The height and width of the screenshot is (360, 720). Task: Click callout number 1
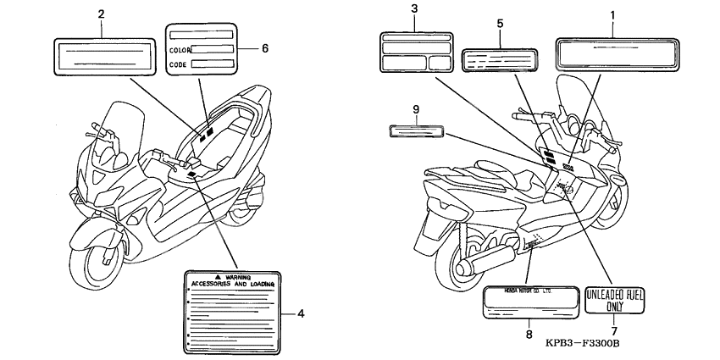(612, 14)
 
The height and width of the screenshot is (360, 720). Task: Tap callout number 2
(102, 14)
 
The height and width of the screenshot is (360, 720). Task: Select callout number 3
(414, 9)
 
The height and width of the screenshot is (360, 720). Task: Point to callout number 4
(301, 314)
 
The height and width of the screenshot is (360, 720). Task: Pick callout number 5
(500, 23)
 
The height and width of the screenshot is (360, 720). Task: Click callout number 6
(264, 48)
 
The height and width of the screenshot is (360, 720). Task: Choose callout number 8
(529, 335)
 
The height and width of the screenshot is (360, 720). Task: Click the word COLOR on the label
(180, 50)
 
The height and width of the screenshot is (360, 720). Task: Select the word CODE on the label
(178, 64)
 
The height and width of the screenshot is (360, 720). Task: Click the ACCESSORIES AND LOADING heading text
(234, 285)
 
